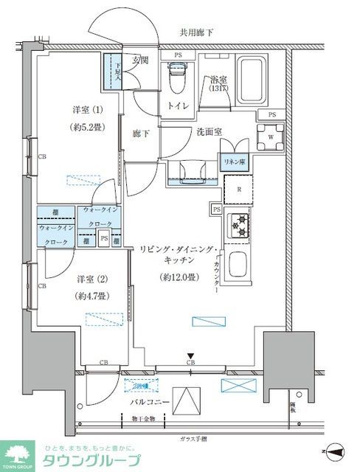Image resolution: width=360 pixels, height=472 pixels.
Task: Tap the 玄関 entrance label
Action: [x=140, y=60]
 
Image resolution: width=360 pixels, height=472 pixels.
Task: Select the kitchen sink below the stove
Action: [x=240, y=263]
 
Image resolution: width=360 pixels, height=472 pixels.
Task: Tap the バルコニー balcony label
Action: [x=150, y=402]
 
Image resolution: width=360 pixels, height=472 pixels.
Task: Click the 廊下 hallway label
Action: [x=142, y=133]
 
